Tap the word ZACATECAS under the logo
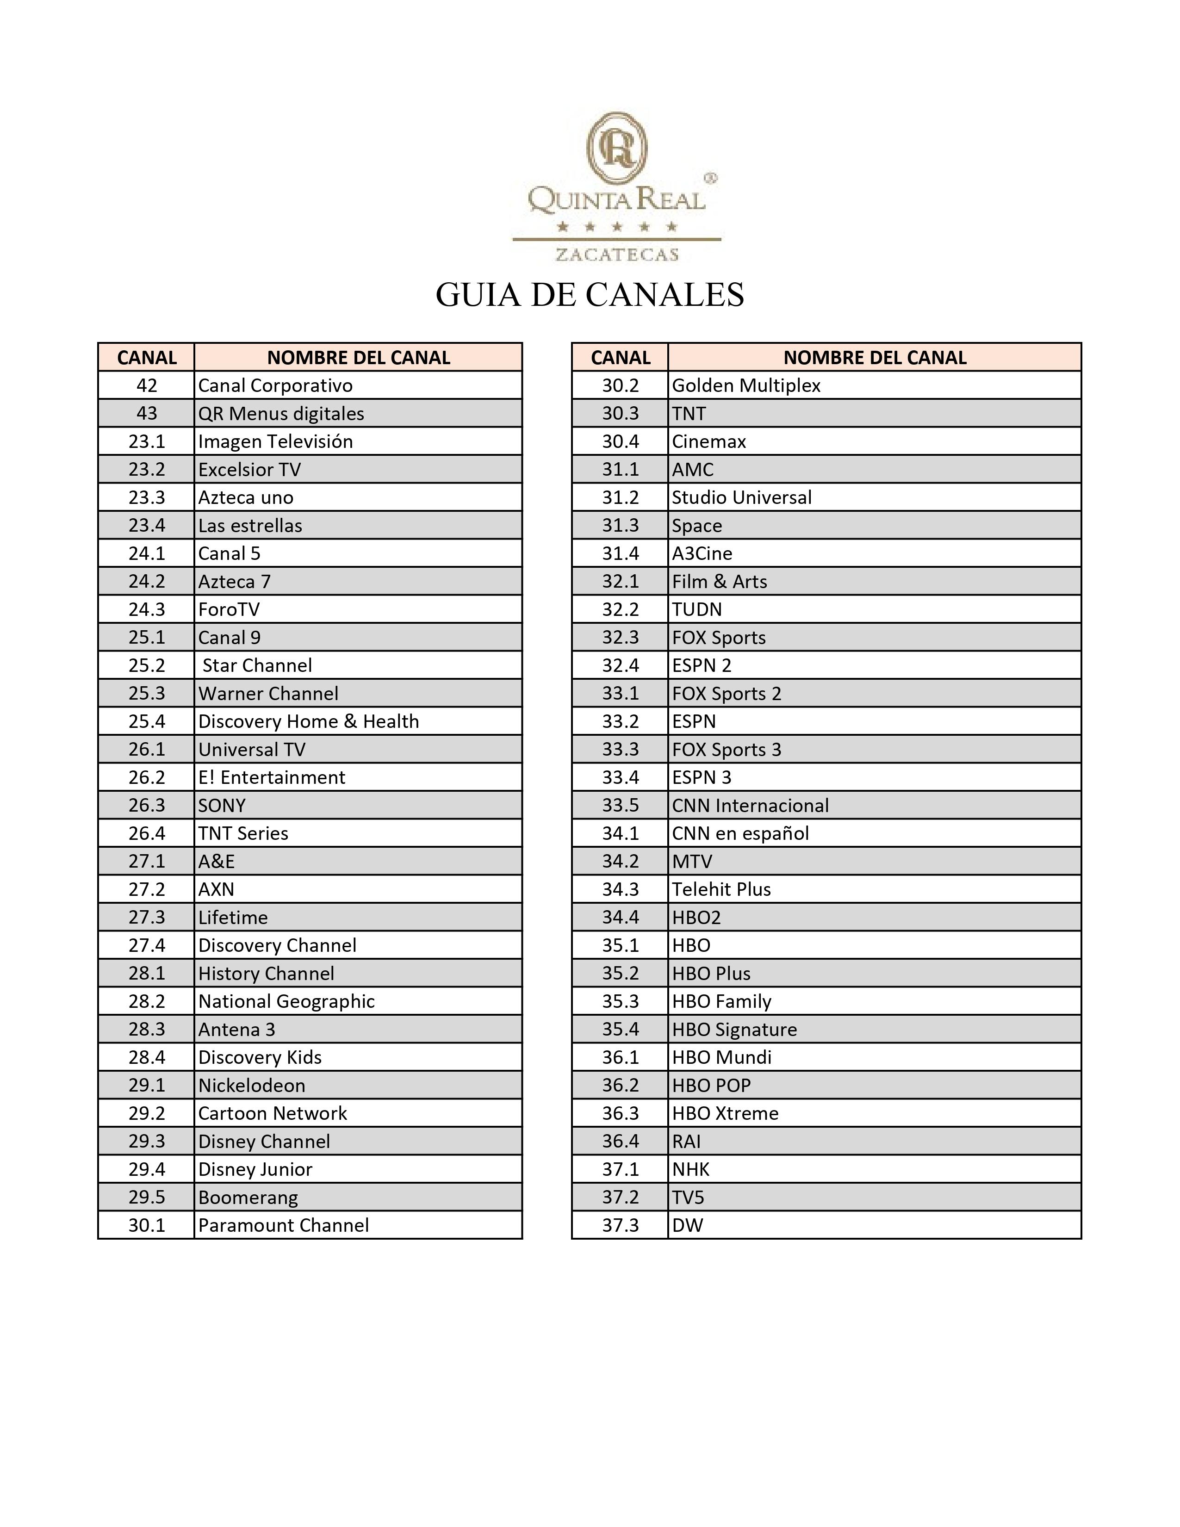click(x=616, y=254)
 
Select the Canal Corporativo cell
click(x=275, y=385)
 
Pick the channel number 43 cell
click(x=147, y=413)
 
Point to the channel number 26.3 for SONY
click(x=147, y=805)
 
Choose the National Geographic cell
click(x=286, y=1000)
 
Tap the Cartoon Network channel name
click(x=273, y=1112)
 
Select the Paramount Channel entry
click(x=283, y=1224)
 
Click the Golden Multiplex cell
click(x=746, y=385)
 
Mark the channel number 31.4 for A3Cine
click(x=621, y=553)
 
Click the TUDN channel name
click(x=697, y=609)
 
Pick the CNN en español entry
click(x=740, y=833)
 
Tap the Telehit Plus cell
click(x=721, y=888)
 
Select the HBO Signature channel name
click(x=734, y=1029)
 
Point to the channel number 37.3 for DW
click(x=621, y=1224)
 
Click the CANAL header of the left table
click(x=147, y=357)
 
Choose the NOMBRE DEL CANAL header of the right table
click(x=875, y=357)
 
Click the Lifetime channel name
click(x=233, y=917)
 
